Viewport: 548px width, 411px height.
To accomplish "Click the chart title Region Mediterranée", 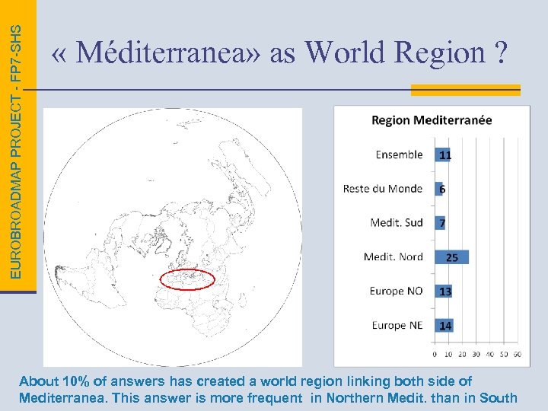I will click(432, 120).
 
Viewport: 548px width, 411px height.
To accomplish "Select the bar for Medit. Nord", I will click(451, 257).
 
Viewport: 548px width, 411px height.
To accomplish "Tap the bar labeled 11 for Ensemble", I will click(444, 155).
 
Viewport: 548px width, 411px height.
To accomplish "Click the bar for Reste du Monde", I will click(439, 189).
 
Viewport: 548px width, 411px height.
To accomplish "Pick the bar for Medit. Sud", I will click(440, 223).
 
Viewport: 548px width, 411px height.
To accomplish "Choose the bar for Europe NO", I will click(444, 292).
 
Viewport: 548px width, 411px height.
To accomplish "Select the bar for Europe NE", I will click(444, 326).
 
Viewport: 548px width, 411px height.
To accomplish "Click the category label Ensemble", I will click(399, 155).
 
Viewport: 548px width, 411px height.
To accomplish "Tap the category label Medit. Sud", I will click(397, 223).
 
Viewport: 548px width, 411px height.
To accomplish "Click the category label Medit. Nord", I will click(393, 257).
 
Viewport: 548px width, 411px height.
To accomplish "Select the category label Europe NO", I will click(396, 292).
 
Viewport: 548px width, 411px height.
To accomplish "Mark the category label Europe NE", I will click(397, 326).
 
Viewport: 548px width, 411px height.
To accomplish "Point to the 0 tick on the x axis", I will click(435, 354).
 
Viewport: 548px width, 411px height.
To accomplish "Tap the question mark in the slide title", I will click(500, 53).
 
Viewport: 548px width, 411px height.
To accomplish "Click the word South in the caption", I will click(499, 397).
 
